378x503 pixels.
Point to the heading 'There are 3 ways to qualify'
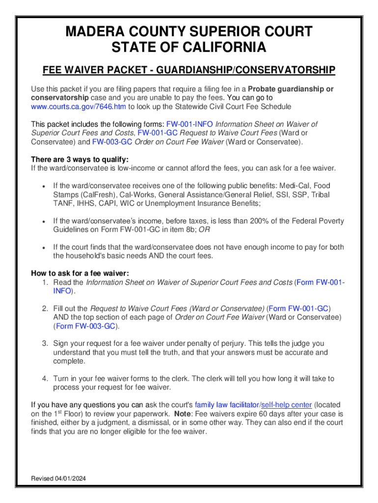pos(80,160)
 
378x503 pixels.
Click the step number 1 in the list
pos(44,282)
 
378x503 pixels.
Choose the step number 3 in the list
pos(44,344)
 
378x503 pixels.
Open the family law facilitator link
pos(226,405)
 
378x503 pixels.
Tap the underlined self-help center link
pos(286,405)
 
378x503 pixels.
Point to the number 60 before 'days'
pos(260,414)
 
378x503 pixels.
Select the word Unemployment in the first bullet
pos(168,203)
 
